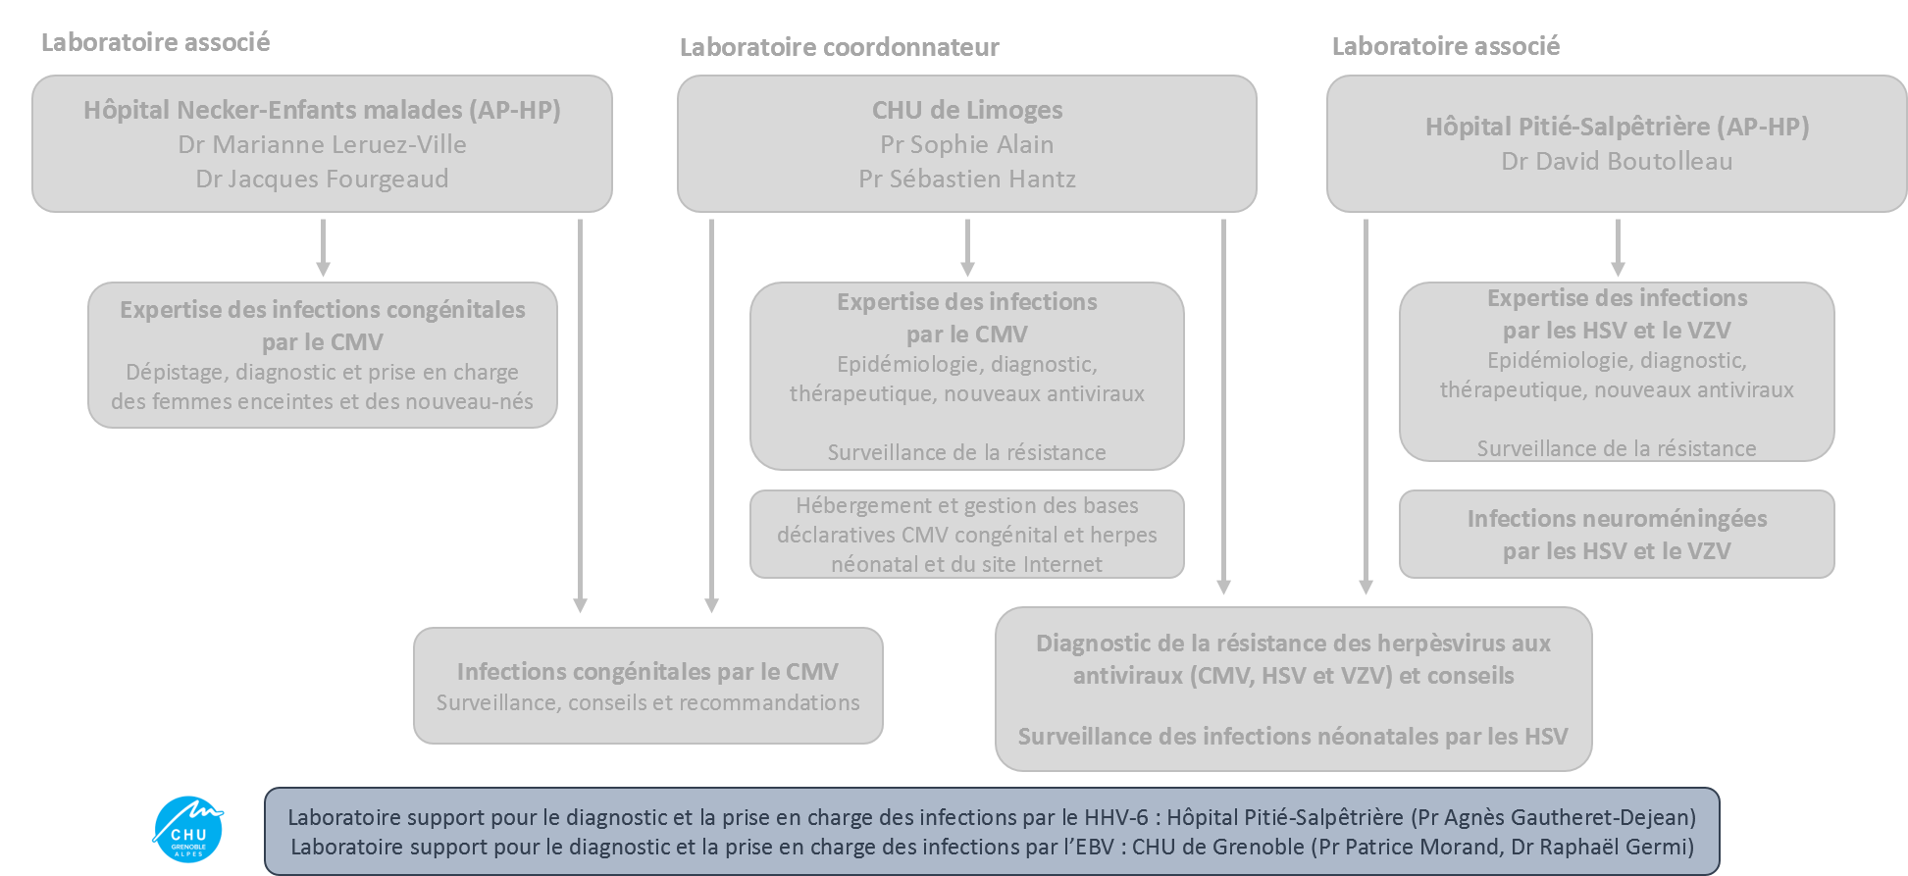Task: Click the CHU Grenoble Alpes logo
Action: click(188, 829)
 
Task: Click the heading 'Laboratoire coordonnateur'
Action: click(839, 47)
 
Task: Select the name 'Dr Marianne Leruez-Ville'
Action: click(322, 144)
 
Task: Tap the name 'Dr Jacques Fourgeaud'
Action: click(322, 179)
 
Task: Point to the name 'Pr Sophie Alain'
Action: click(966, 144)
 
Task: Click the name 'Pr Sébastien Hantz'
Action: click(966, 179)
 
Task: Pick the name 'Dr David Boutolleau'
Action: click(1617, 161)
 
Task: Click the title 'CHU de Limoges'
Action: click(966, 110)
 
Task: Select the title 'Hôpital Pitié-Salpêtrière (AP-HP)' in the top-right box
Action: click(1617, 127)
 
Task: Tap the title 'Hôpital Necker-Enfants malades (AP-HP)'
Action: click(322, 110)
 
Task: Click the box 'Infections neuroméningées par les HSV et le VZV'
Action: click(1617, 535)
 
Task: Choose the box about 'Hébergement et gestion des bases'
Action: click(966, 535)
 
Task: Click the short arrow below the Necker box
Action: click(323, 248)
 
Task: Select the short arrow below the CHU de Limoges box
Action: click(967, 248)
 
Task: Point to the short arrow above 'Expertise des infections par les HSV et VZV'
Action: click(1618, 248)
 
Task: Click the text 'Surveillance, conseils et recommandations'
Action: click(647, 702)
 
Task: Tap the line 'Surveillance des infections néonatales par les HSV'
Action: click(1292, 736)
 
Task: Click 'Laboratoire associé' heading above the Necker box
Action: click(155, 42)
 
